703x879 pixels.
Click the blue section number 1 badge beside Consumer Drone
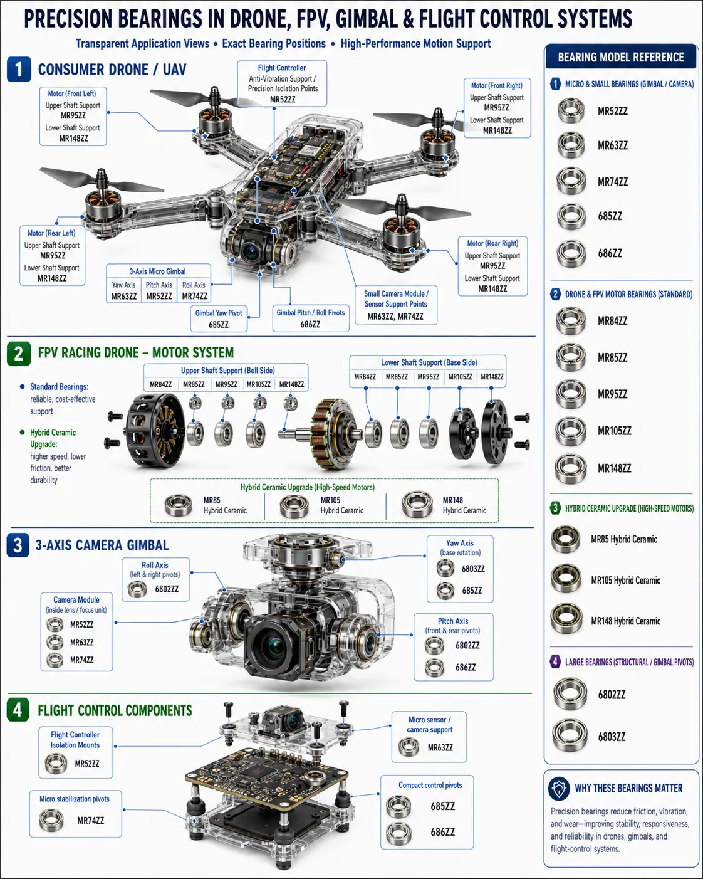point(19,70)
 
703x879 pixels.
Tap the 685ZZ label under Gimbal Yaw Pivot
point(219,325)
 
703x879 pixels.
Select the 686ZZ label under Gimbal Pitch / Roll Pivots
point(310,324)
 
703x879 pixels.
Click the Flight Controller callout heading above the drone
point(282,68)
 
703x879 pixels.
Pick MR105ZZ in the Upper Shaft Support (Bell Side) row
point(258,384)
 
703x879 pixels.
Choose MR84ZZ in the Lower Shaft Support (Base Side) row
point(365,377)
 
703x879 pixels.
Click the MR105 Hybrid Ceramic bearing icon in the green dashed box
point(294,506)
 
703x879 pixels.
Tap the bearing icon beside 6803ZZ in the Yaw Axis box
point(445,568)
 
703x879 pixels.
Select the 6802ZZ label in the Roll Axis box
point(167,589)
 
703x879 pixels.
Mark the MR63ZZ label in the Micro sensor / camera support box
point(440,747)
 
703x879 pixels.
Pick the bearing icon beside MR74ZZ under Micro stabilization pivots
point(51,820)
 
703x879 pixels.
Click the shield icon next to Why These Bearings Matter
point(559,789)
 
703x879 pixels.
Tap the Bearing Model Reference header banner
point(621,57)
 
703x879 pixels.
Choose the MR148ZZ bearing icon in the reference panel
point(571,468)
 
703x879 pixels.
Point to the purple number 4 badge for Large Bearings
point(555,661)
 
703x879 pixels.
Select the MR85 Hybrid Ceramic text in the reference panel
point(624,539)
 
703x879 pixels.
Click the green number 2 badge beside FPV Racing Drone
point(19,354)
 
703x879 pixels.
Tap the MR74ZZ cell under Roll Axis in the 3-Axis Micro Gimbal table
point(194,296)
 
